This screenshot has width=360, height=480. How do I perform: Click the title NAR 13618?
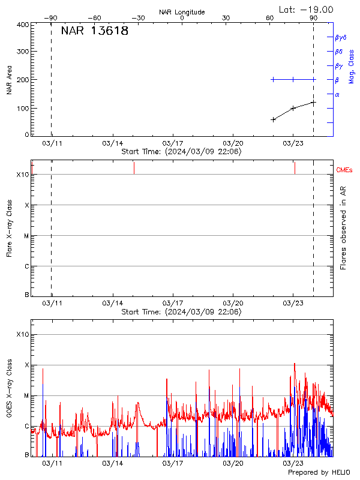click(95, 31)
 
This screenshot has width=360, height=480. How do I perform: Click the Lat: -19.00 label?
click(307, 9)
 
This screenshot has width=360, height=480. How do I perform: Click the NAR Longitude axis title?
click(182, 12)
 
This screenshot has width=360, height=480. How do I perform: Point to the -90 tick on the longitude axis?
click(53, 18)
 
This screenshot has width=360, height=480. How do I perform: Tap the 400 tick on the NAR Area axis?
click(23, 25)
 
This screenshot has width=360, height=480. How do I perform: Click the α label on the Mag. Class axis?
click(337, 94)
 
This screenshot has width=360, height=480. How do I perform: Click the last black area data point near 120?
click(313, 103)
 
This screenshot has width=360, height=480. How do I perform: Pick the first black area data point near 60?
click(274, 119)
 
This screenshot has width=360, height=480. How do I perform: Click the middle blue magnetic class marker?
click(293, 79)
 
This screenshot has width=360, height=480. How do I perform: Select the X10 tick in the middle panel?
click(22, 175)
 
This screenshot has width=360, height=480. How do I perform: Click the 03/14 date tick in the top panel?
click(112, 143)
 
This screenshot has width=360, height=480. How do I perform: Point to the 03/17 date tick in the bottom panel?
click(172, 464)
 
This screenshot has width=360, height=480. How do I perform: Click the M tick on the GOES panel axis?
click(26, 396)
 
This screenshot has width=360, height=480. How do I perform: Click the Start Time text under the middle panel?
click(181, 312)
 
